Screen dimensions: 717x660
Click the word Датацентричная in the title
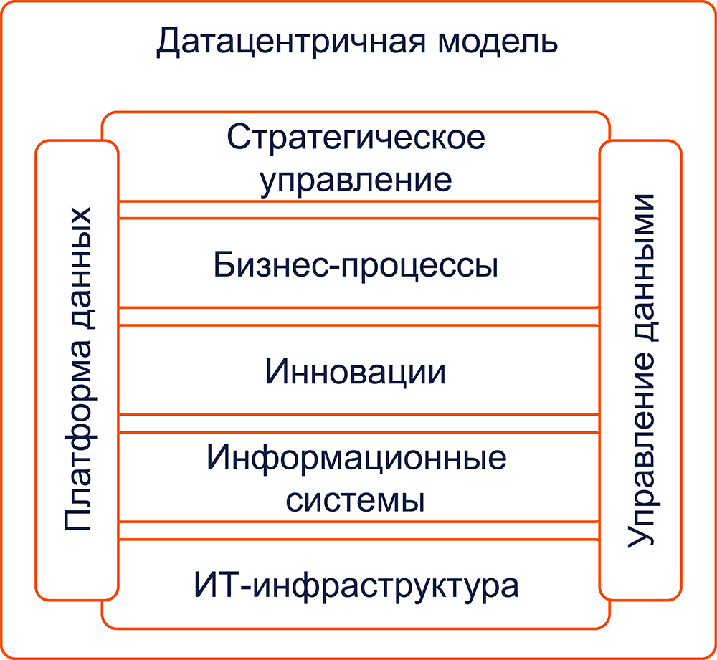point(291,42)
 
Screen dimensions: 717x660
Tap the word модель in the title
point(498,42)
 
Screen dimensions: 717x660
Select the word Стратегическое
point(356,137)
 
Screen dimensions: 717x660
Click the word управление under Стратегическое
point(356,180)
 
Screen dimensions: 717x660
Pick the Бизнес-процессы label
point(356,265)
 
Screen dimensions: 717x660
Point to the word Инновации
point(356,371)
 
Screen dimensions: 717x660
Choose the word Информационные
point(356,457)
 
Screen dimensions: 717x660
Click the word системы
point(356,500)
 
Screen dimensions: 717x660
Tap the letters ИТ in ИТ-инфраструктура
point(217,585)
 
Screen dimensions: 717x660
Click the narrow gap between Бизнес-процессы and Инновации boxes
point(358,316)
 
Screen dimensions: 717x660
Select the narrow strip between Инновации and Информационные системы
point(358,424)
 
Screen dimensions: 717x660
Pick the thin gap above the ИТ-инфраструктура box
point(358,530)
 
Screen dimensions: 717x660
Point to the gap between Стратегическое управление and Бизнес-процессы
point(358,209)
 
